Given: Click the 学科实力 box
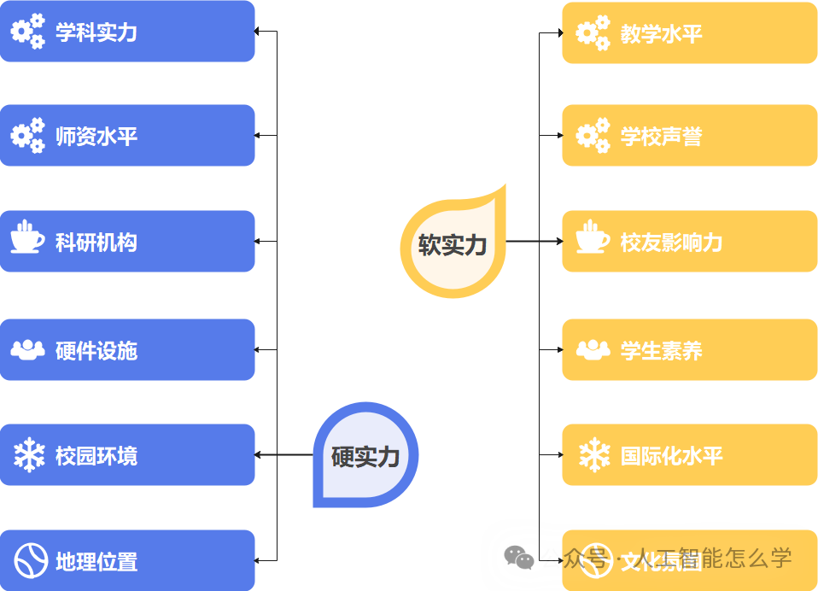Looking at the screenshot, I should coord(127,32).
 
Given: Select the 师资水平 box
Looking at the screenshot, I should coord(127,136).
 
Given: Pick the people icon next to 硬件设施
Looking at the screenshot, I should coord(27,349).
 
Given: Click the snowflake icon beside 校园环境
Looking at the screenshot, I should coord(28,455).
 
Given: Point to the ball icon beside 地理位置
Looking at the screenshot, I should coord(28,560).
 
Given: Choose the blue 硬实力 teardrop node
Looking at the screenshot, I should coord(365,455).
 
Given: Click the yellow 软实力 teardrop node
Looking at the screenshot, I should coord(453,244).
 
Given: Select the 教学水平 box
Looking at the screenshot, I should coord(689,33).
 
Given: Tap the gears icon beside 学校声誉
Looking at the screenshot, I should coord(593,136).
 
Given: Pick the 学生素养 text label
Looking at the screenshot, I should coord(661,350).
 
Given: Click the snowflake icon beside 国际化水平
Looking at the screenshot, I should coord(593,455).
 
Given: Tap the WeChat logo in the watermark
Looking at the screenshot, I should coord(518,558).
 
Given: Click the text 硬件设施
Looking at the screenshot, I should coord(96,350).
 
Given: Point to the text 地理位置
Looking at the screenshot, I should coord(96,561).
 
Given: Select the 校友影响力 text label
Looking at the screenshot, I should coord(671,243).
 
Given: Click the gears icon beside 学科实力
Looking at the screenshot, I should coord(27,32).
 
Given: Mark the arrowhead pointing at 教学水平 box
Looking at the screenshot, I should coord(558,33).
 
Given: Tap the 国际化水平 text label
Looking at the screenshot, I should coord(671,455).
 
